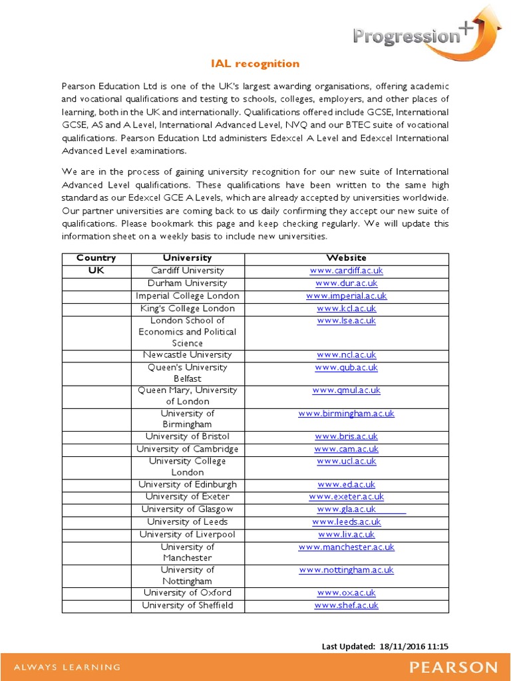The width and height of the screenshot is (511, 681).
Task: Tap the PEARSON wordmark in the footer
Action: (x=452, y=667)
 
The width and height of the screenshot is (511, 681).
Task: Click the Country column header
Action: (x=96, y=258)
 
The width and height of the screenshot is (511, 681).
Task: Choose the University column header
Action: (x=187, y=258)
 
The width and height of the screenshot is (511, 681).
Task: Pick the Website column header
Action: (x=346, y=258)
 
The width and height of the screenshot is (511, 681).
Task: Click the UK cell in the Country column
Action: (x=96, y=271)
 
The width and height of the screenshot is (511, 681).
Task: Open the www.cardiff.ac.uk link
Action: (x=346, y=271)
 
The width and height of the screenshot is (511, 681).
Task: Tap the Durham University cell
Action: (x=187, y=283)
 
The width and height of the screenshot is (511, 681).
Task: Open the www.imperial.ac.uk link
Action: (x=346, y=296)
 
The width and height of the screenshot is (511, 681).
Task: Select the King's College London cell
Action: (x=187, y=309)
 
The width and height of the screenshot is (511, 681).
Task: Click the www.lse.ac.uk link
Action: (x=346, y=321)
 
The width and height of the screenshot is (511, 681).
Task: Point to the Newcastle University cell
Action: (x=187, y=355)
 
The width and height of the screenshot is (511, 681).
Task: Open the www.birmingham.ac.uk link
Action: (x=346, y=414)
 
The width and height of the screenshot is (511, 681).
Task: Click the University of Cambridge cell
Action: (x=187, y=449)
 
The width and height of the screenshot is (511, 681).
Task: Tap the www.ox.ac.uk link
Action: (x=346, y=593)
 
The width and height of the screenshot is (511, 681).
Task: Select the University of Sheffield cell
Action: (x=187, y=605)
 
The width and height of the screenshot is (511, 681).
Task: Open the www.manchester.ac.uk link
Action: (x=346, y=547)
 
